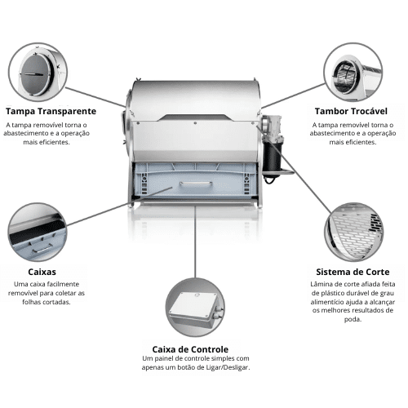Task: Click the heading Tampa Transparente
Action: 51,111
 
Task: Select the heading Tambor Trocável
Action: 351,111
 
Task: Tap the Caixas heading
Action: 42,272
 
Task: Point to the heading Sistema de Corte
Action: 353,272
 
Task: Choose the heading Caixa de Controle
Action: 190,349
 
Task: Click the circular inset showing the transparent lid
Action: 38,72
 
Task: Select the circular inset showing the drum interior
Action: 353,72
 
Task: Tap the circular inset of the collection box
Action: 38,232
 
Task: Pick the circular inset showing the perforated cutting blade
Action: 353,232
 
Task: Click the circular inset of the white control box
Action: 195,307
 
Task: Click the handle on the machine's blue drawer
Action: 196,184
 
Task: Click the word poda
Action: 353,319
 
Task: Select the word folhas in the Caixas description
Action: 30,302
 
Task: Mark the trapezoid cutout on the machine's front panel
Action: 195,118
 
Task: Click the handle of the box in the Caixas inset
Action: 42,249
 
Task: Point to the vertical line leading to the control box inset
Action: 195,242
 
